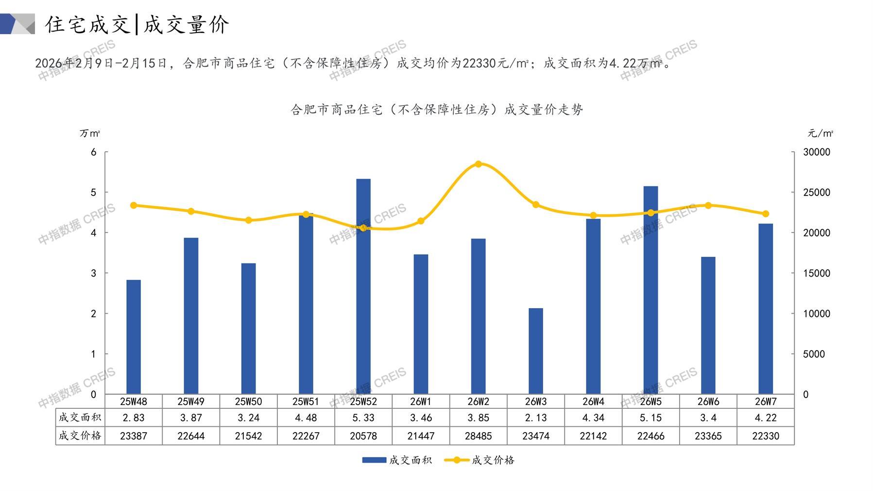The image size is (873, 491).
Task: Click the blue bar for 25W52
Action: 363,287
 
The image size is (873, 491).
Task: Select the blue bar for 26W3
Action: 536,351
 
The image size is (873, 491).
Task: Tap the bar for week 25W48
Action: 134,337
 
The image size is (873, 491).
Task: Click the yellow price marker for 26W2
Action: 479,164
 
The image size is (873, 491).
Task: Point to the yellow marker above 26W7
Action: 766,214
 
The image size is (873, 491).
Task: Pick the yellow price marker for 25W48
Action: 134,206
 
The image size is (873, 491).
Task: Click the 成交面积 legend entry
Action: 397,460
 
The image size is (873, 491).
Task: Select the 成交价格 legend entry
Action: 479,460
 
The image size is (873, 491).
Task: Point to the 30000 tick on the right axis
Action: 817,152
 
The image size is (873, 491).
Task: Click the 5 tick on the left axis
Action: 93,193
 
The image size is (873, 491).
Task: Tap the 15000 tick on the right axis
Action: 817,273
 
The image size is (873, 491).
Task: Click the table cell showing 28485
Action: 479,436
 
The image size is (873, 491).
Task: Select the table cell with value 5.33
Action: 363,418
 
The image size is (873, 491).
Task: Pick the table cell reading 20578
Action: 363,436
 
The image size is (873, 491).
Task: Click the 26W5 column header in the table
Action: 651,402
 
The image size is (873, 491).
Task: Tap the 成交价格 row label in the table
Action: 80,436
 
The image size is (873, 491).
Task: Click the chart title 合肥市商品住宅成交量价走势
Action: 437,110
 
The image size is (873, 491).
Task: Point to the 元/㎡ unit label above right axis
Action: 821,133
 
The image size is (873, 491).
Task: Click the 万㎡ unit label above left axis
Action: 90,133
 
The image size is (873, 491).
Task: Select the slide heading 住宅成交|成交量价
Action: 137,24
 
